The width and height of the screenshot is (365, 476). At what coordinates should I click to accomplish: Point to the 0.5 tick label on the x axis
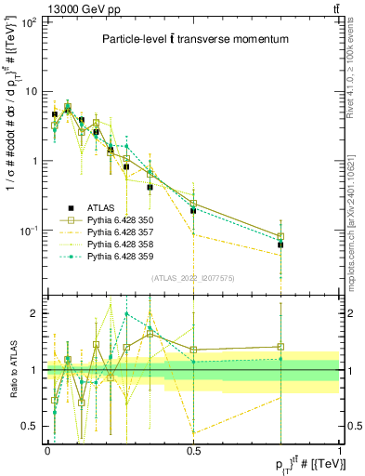(193, 449)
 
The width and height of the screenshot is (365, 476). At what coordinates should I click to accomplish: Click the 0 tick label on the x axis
(47, 449)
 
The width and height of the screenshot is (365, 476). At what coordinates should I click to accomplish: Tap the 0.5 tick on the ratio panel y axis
(29, 426)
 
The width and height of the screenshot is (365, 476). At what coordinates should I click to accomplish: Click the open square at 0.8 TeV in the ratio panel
(280, 347)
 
